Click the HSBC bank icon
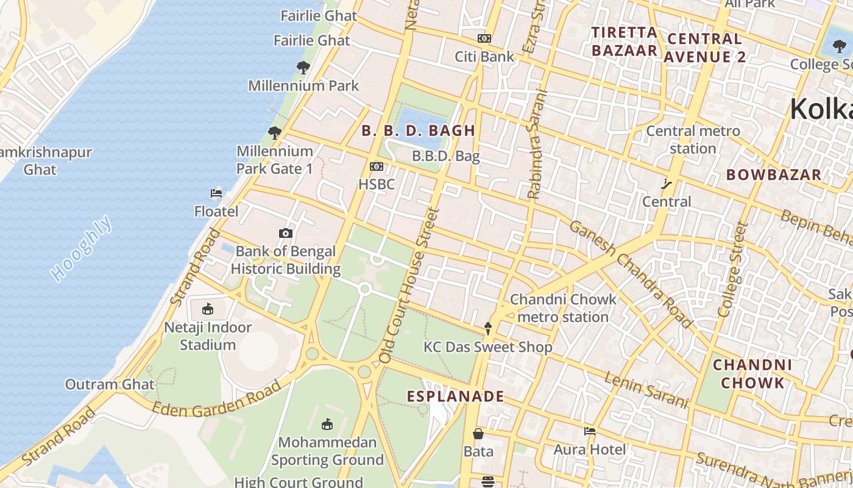377,167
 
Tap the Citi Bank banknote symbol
484,38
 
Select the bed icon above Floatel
216,193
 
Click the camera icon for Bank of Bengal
285,233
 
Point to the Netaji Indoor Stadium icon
208,309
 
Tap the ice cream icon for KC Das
487,329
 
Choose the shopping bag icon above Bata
478,434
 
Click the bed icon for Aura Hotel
589,431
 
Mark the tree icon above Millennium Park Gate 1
275,132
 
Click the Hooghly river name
82,248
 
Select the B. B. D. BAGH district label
418,131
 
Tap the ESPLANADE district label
456,396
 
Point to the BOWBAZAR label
774,175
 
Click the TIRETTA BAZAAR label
625,41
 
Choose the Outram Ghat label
110,384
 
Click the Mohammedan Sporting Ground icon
327,424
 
